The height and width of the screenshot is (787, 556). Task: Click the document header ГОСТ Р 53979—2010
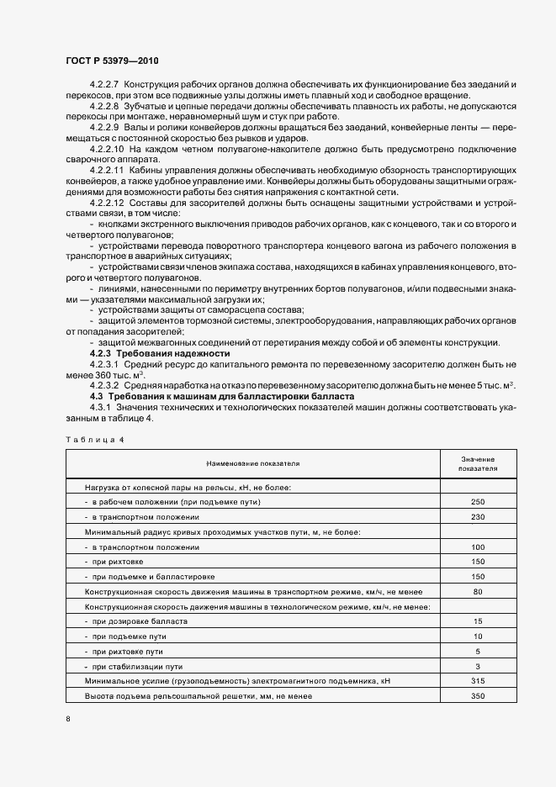113,62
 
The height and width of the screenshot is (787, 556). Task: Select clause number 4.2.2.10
107,149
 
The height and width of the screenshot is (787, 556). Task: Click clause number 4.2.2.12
107,203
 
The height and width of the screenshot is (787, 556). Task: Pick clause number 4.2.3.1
105,365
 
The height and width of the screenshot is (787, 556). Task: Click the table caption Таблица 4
94,439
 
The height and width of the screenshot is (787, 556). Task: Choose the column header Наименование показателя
253,463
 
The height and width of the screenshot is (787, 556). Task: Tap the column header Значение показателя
478,463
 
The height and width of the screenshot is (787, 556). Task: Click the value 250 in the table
478,502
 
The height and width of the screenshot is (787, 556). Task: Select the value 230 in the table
478,517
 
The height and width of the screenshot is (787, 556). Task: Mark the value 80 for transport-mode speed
478,592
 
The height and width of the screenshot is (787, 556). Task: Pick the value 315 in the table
478,681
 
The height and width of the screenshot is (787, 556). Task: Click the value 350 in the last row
478,696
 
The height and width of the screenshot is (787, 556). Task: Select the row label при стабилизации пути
139,666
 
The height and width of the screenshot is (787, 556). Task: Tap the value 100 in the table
478,547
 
